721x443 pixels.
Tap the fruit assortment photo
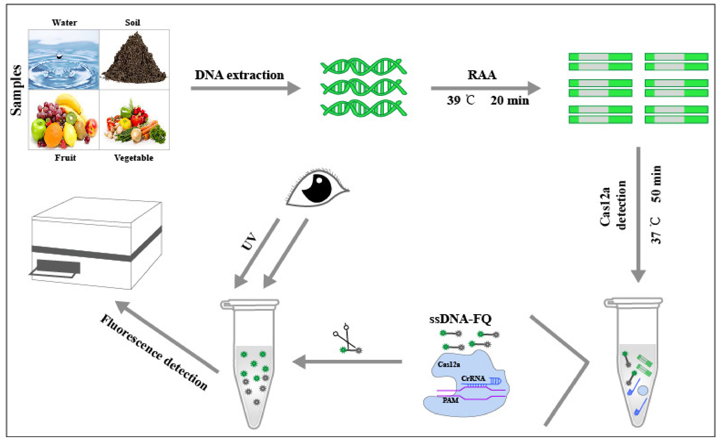[x=64, y=120]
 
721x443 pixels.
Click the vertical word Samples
[x=16, y=90]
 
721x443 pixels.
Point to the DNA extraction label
[x=239, y=75]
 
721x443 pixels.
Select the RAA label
[x=482, y=75]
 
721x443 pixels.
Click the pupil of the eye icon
[x=317, y=189]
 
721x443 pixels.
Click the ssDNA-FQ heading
[x=460, y=319]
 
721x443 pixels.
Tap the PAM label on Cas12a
[x=450, y=400]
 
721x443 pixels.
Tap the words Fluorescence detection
[x=154, y=353]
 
